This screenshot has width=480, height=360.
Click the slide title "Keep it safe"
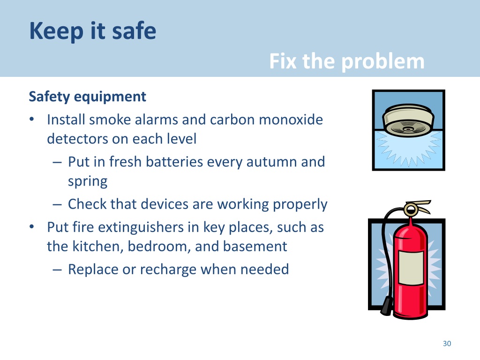92,31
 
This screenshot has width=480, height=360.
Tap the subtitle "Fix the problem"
347,61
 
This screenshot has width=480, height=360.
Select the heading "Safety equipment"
87,97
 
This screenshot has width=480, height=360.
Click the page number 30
447,344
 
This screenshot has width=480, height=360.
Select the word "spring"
88,181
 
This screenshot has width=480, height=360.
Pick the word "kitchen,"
97,247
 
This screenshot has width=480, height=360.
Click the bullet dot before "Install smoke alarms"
31,120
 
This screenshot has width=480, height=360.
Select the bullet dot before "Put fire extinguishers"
31,227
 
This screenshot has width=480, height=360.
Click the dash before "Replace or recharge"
57,270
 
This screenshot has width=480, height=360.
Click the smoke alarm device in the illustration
408,120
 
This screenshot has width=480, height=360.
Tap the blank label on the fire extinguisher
411,268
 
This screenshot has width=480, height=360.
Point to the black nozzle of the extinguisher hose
387,306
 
